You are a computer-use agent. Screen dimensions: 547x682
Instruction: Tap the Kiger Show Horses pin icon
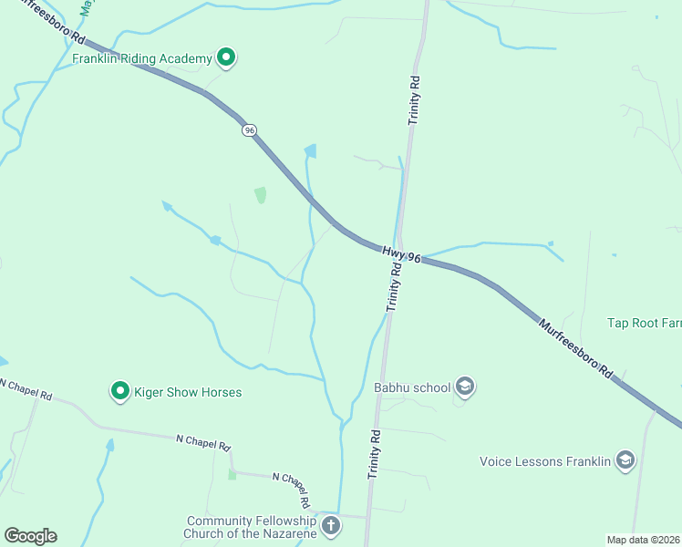tap(119, 392)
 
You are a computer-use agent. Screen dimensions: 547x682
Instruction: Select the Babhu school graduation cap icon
tap(466, 387)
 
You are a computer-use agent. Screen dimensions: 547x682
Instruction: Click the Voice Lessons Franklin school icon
tap(625, 460)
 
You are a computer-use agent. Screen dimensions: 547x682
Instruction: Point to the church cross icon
tap(330, 525)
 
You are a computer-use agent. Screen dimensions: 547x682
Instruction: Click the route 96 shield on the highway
tap(249, 130)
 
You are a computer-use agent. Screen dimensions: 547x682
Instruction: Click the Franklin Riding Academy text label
tap(142, 58)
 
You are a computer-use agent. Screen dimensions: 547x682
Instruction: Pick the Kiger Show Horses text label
tap(189, 392)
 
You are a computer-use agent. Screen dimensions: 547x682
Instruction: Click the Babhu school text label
tap(413, 387)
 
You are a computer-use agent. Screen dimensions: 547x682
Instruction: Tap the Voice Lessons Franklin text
tap(545, 461)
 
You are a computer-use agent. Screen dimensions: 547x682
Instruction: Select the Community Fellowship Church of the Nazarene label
tap(251, 527)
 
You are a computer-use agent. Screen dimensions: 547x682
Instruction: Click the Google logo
tap(30, 536)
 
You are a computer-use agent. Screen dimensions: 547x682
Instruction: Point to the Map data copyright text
tap(644, 539)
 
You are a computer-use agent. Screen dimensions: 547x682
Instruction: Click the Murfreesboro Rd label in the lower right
tap(574, 347)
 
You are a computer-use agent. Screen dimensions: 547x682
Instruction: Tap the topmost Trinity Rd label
tap(415, 99)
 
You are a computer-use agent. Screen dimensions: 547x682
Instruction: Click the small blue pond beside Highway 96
tap(311, 150)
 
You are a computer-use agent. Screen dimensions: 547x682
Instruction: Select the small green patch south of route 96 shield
tap(261, 194)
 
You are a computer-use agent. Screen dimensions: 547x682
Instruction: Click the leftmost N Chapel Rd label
tap(26, 390)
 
